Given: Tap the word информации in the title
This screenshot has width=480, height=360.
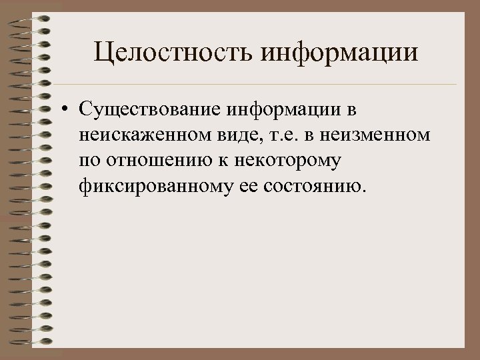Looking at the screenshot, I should click(x=340, y=53).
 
